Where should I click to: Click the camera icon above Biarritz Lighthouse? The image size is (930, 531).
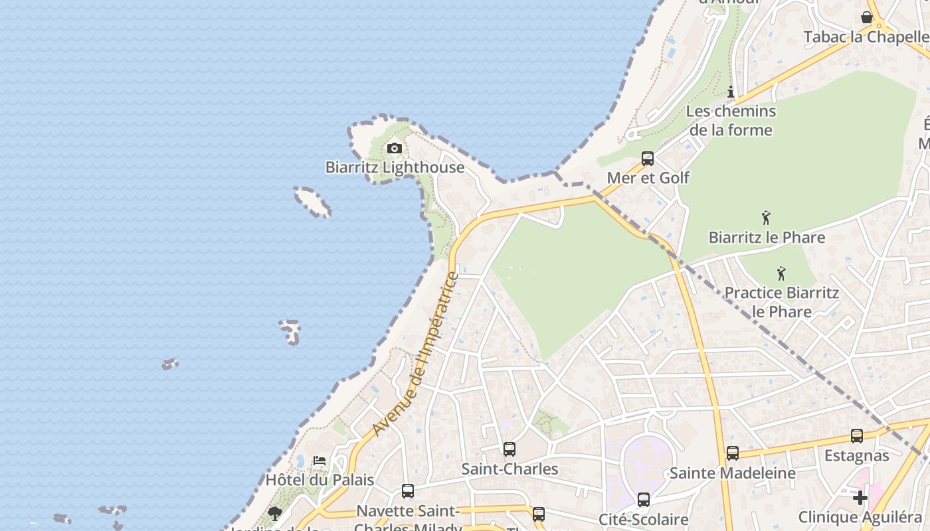[395, 148]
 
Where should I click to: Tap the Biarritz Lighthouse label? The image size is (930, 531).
[395, 167]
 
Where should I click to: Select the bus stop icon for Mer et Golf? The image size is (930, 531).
[648, 159]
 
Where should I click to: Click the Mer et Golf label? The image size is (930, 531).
[648, 178]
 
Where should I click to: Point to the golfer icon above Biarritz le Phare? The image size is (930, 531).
[766, 218]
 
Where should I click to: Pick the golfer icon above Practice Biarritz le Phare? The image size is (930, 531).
[781, 273]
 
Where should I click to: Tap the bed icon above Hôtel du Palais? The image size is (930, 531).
[320, 461]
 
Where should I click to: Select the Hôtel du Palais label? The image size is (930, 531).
[320, 480]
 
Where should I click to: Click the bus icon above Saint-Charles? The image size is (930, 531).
[510, 449]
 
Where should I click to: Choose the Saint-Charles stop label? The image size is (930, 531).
[510, 469]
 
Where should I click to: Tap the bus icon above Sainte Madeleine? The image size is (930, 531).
[732, 453]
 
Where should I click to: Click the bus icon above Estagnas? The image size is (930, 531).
[857, 436]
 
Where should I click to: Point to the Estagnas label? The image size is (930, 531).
[857, 456]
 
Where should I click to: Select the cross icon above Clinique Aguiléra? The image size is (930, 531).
[860, 497]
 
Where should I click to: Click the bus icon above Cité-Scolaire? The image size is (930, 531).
[643, 500]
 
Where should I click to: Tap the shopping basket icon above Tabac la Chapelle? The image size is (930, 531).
[867, 17]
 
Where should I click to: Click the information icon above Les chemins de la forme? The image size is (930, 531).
[731, 92]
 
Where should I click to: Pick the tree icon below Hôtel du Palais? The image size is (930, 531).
[274, 513]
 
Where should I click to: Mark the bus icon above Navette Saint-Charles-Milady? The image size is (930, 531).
[408, 491]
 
